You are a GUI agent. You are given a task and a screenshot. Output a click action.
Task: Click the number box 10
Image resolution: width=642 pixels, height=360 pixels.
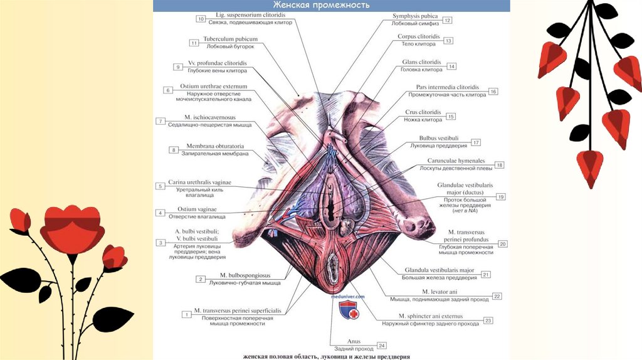201,19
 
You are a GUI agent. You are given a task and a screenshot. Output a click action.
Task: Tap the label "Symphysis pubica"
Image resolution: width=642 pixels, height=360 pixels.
415,16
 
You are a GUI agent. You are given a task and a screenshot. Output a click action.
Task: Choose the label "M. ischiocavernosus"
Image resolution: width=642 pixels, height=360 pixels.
209,117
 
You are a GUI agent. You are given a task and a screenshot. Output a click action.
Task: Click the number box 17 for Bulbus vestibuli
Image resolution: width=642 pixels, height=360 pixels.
476,142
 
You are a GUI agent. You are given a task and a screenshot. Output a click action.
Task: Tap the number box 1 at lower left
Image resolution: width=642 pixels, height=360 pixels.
186,314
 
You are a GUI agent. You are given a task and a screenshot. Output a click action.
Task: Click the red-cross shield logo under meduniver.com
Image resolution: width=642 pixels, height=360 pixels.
349,310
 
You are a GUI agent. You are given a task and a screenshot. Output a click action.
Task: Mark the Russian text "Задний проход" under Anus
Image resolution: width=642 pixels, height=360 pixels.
349,349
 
